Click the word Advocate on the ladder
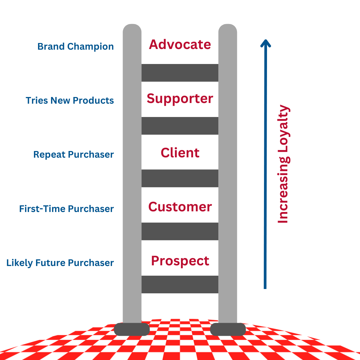point(180,44)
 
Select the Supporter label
point(180,99)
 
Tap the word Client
point(180,153)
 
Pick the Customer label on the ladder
point(180,207)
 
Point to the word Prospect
point(180,261)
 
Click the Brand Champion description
point(76,47)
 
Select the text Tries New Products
point(70,101)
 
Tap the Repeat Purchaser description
point(74,155)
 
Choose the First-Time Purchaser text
point(67,209)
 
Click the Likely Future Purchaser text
point(60,263)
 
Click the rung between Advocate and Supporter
point(180,73)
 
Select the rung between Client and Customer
point(180,178)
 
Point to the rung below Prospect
point(180,284)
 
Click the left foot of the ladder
point(132,329)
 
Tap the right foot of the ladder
point(228,329)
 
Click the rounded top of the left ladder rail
point(132,29)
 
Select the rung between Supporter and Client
point(180,126)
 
